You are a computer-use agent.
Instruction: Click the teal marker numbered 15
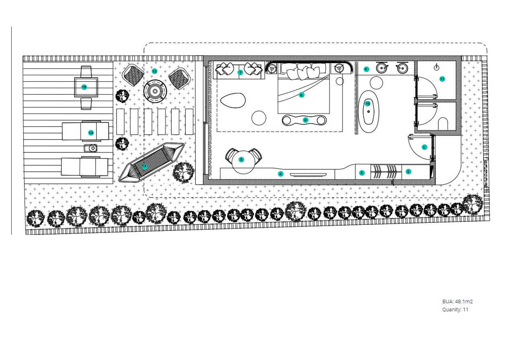pyautogui.click(x=84, y=87)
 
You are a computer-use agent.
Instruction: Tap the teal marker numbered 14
pyautogui.click(x=91, y=133)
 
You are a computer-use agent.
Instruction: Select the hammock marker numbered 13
pyautogui.click(x=144, y=167)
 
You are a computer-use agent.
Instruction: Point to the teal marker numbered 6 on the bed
pyautogui.click(x=302, y=95)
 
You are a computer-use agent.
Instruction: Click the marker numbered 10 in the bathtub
pyautogui.click(x=367, y=104)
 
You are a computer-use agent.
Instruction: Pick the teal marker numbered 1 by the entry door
pyautogui.click(x=424, y=147)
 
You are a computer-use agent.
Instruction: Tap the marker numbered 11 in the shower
pyautogui.click(x=442, y=79)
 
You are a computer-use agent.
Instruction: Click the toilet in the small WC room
pyautogui.click(x=443, y=124)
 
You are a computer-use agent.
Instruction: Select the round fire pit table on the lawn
pyautogui.click(x=155, y=91)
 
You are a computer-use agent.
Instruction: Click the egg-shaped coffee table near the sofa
pyautogui.click(x=233, y=101)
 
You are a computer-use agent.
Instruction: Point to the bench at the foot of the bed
pyautogui.click(x=304, y=120)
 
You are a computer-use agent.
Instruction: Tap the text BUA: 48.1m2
pyautogui.click(x=458, y=301)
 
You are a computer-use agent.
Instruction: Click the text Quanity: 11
pyautogui.click(x=455, y=310)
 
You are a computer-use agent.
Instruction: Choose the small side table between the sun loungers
pyautogui.click(x=90, y=148)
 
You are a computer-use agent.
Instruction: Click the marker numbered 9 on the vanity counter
pyautogui.click(x=366, y=69)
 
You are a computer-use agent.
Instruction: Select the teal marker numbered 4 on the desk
pyautogui.click(x=281, y=174)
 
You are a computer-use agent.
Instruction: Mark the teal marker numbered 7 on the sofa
pyautogui.click(x=240, y=73)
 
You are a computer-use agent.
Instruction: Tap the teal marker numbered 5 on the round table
pyautogui.click(x=241, y=160)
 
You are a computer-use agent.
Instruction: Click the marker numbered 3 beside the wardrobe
pyautogui.click(x=361, y=173)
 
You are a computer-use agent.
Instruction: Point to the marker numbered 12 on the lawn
pyautogui.click(x=155, y=71)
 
